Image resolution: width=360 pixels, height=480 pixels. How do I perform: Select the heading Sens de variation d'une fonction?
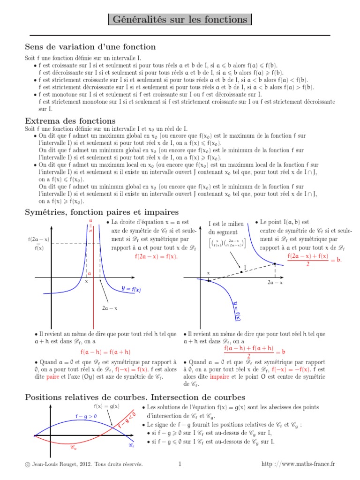90,47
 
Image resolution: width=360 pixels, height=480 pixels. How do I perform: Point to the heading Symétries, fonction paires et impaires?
101,212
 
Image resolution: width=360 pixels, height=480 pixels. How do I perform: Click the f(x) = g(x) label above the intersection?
106,406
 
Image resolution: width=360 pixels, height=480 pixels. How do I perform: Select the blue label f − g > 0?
86,416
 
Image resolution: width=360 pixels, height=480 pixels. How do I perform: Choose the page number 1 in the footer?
180,464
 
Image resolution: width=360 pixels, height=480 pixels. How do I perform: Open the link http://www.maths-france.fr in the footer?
298,464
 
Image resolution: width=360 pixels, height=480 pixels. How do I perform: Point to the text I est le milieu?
226,224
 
